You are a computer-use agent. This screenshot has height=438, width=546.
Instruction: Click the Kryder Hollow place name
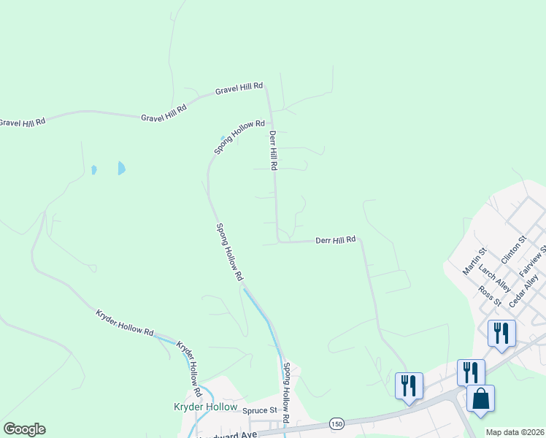pos(205,407)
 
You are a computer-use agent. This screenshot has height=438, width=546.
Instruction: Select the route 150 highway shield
pos(336,423)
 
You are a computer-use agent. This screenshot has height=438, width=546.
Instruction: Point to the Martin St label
pos(474,261)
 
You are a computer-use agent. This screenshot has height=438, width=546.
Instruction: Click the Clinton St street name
pos(513,250)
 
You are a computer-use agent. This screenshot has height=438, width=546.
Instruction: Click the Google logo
pos(24,429)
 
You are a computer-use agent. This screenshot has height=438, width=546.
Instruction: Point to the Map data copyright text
pos(515,432)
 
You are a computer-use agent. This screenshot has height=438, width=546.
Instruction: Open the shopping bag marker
pos(480,399)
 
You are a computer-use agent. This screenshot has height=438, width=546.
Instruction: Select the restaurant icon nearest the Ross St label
pos(501,334)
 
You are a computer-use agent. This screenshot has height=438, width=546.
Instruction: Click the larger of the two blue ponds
pos(121,168)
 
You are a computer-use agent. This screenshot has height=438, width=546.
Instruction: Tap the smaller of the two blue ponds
pos(94,170)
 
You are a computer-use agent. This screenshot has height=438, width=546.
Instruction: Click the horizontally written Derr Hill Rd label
pos(335,239)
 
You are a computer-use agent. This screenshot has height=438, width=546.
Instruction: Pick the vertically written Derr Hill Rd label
pos(273,151)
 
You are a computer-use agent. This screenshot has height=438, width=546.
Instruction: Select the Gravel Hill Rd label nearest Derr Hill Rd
pos(239,89)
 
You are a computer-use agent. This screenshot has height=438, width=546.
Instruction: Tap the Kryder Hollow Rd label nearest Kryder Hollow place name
pos(188,362)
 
